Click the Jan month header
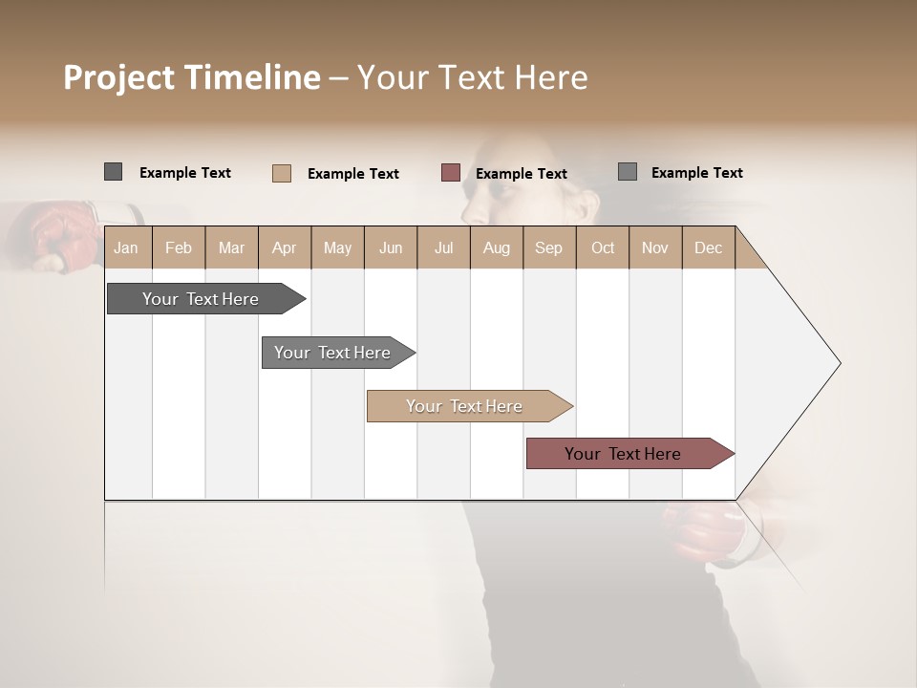coord(126,247)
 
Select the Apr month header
coord(284,247)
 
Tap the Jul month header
coord(443,247)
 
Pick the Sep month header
coord(548,247)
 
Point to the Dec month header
coord(708,247)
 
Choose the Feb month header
coord(179,247)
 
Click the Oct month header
coord(603,247)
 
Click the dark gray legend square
coord(114,172)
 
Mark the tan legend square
coord(282,173)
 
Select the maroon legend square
coord(451,173)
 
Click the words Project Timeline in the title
coord(191,77)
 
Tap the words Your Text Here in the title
coord(472,77)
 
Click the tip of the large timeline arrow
coord(839,363)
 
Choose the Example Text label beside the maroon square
coord(522,174)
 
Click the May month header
coord(337,247)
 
